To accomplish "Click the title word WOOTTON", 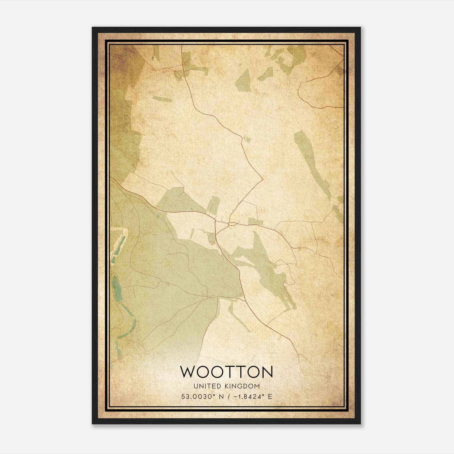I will coord(227,372).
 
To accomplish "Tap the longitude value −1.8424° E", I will coord(252,396).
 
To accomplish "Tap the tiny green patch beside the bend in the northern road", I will coord(246,139).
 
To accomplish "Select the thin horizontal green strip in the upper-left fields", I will coord(162,99).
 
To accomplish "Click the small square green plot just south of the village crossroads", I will coord(213,238).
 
